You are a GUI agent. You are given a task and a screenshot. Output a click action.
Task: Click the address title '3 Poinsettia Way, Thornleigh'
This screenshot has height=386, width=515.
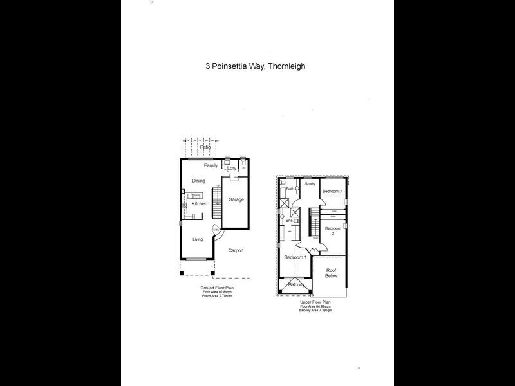click(x=255, y=66)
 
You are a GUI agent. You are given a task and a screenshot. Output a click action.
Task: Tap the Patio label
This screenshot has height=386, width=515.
click(x=205, y=147)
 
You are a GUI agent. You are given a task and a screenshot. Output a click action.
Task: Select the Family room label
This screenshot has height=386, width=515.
click(x=202, y=165)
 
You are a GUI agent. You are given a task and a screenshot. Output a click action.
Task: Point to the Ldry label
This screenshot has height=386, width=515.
click(x=232, y=169)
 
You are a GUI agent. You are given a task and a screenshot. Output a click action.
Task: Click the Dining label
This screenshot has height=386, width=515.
click(x=198, y=181)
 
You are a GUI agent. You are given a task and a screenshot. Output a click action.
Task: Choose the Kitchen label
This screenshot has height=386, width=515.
click(x=199, y=203)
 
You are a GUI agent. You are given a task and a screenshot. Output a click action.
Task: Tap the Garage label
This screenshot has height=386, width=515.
click(x=236, y=199)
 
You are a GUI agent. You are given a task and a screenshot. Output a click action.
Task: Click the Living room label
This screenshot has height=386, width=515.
click(x=198, y=239)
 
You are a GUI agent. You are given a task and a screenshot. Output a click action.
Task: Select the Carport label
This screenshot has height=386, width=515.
click(x=236, y=250)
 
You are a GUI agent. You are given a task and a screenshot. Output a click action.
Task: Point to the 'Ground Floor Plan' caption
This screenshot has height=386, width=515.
click(x=216, y=288)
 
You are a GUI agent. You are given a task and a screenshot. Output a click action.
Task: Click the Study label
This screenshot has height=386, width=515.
click(x=310, y=184)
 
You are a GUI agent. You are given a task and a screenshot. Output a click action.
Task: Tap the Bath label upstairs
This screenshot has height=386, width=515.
click(x=290, y=189)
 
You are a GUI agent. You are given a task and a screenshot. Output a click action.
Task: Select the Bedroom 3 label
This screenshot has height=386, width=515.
click(x=332, y=191)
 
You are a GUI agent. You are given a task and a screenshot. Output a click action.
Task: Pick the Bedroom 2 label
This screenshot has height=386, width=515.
click(x=333, y=231)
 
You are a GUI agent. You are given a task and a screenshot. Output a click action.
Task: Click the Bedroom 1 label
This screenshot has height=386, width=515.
click(x=295, y=257)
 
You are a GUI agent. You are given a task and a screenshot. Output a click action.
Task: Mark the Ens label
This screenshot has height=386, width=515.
click(x=289, y=221)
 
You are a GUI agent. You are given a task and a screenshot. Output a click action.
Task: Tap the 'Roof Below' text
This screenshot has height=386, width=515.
click(x=331, y=273)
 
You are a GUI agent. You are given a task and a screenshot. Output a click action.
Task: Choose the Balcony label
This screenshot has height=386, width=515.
click(x=296, y=284)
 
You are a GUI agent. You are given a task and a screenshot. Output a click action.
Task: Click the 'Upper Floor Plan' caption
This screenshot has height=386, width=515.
click(x=315, y=302)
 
